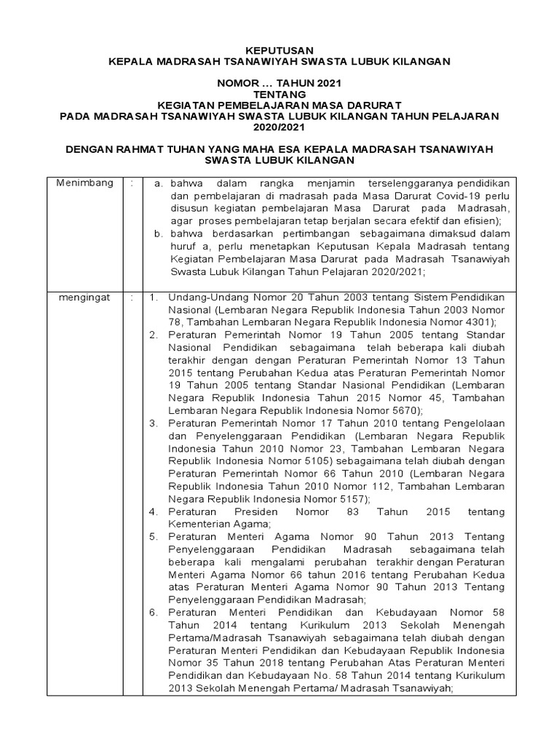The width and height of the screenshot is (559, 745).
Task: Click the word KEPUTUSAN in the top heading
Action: click(x=279, y=49)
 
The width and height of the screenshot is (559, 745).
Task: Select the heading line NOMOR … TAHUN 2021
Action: click(x=279, y=83)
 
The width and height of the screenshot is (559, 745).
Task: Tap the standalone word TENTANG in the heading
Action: click(x=279, y=94)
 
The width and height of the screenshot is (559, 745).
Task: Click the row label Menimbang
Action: click(x=85, y=183)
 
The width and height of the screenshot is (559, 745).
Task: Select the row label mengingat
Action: click(x=84, y=299)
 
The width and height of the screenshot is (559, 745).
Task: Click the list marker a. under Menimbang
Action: click(x=161, y=183)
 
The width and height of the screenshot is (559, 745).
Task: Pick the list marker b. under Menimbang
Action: click(x=161, y=234)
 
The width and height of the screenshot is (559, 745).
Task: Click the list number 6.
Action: click(x=154, y=613)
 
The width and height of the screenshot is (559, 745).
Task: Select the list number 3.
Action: click(x=154, y=423)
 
